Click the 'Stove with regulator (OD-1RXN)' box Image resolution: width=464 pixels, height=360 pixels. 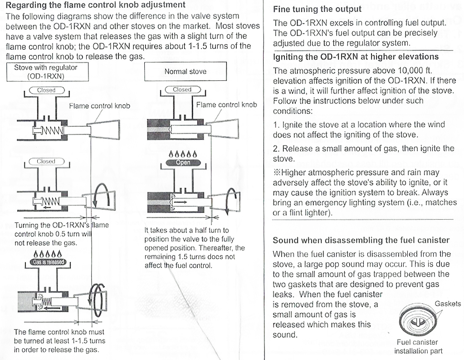(46, 72)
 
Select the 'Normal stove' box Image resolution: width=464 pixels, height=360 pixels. (185, 71)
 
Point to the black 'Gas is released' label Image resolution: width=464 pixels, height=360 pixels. (48, 261)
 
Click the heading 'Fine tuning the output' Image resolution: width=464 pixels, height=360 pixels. (317, 9)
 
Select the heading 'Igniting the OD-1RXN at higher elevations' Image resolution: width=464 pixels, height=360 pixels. (356, 57)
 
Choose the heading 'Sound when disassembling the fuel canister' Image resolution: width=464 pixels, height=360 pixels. (361, 240)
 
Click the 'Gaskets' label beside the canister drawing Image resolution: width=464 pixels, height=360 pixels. (447, 304)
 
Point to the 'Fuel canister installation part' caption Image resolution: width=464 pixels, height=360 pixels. (417, 346)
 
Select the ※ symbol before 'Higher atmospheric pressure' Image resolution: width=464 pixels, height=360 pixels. (277, 173)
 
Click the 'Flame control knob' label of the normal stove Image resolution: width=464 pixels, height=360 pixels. (226, 105)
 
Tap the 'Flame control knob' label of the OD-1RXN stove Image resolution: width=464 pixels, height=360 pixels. (99, 106)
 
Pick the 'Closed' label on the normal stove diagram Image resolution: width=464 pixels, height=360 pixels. (182, 90)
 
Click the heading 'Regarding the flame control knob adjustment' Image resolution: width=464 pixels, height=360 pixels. (95, 5)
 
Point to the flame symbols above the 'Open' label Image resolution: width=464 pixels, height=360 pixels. (182, 153)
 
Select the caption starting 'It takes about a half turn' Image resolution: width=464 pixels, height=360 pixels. (194, 247)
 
